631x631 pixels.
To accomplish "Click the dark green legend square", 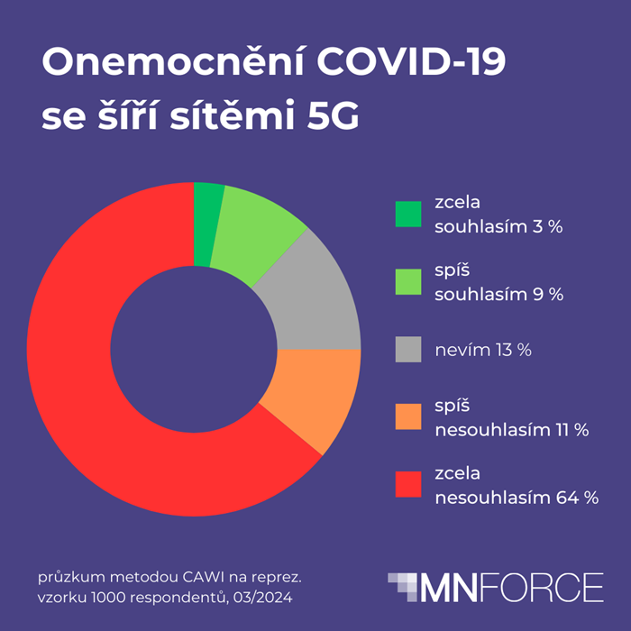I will (408, 215).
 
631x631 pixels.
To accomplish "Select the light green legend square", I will (408, 282).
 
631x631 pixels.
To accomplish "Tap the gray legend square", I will (408, 349).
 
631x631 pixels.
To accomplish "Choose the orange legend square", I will (408, 416).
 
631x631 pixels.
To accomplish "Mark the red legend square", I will (408, 484).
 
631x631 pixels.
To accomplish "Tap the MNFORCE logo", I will (496, 587).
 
